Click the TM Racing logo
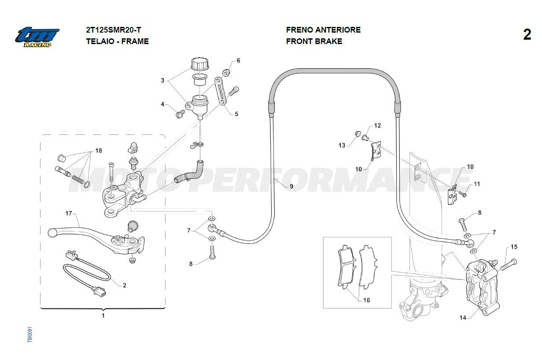pos(37,37)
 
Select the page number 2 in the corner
pos(527,35)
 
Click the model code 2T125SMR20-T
pos(113,30)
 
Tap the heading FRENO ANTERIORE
pos(323,30)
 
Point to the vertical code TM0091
pos(29,334)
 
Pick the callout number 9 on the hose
pos(291,186)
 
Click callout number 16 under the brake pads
pos(366,300)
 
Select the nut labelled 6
pos(226,71)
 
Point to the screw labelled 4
pos(179,115)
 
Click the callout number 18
pos(98,151)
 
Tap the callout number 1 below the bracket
pos(103,315)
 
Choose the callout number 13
pos(342,145)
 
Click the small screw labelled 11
pos(462,193)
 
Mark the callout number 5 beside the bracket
pos(236,114)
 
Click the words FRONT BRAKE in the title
pos(314,41)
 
